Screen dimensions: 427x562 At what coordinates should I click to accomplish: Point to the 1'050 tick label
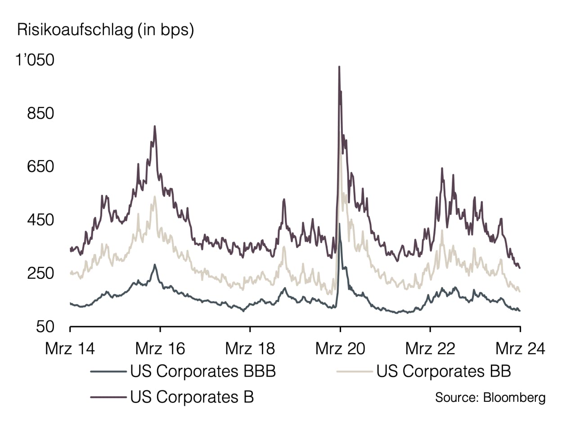click(x=35, y=60)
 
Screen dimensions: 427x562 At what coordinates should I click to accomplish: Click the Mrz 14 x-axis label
click(x=70, y=348)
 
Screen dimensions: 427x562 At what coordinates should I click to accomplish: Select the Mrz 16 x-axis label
click(x=160, y=348)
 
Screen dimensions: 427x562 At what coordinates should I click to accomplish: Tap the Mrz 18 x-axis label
click(x=250, y=348)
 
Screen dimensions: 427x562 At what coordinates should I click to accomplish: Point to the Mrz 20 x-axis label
click(x=340, y=348)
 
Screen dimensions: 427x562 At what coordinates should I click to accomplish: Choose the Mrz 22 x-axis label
click(x=430, y=348)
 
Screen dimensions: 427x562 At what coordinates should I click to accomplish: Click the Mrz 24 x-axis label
click(x=520, y=348)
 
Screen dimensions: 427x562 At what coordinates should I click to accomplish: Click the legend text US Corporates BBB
click(x=202, y=371)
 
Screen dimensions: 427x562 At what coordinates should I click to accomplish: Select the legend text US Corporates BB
click(x=444, y=371)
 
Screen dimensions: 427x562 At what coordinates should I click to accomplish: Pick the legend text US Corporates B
click(x=192, y=397)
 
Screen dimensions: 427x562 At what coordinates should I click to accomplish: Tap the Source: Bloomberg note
click(x=490, y=397)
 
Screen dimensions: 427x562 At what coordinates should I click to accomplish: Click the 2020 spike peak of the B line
click(x=339, y=67)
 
